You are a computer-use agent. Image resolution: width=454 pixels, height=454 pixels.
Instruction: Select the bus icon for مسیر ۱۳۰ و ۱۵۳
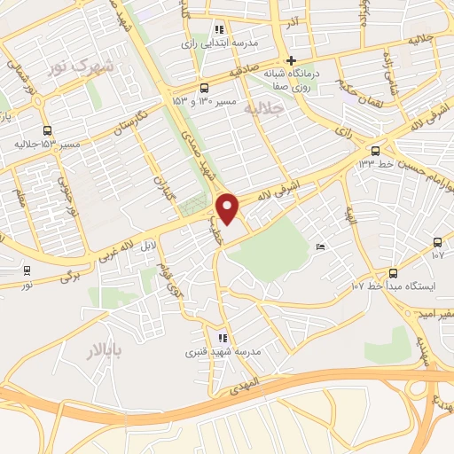point(205,87)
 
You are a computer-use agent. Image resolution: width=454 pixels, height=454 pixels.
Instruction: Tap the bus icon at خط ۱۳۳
point(376,150)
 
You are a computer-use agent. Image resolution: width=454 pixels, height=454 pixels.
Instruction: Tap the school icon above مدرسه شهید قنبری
point(223,338)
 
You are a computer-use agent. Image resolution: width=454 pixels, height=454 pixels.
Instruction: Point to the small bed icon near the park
point(320,247)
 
